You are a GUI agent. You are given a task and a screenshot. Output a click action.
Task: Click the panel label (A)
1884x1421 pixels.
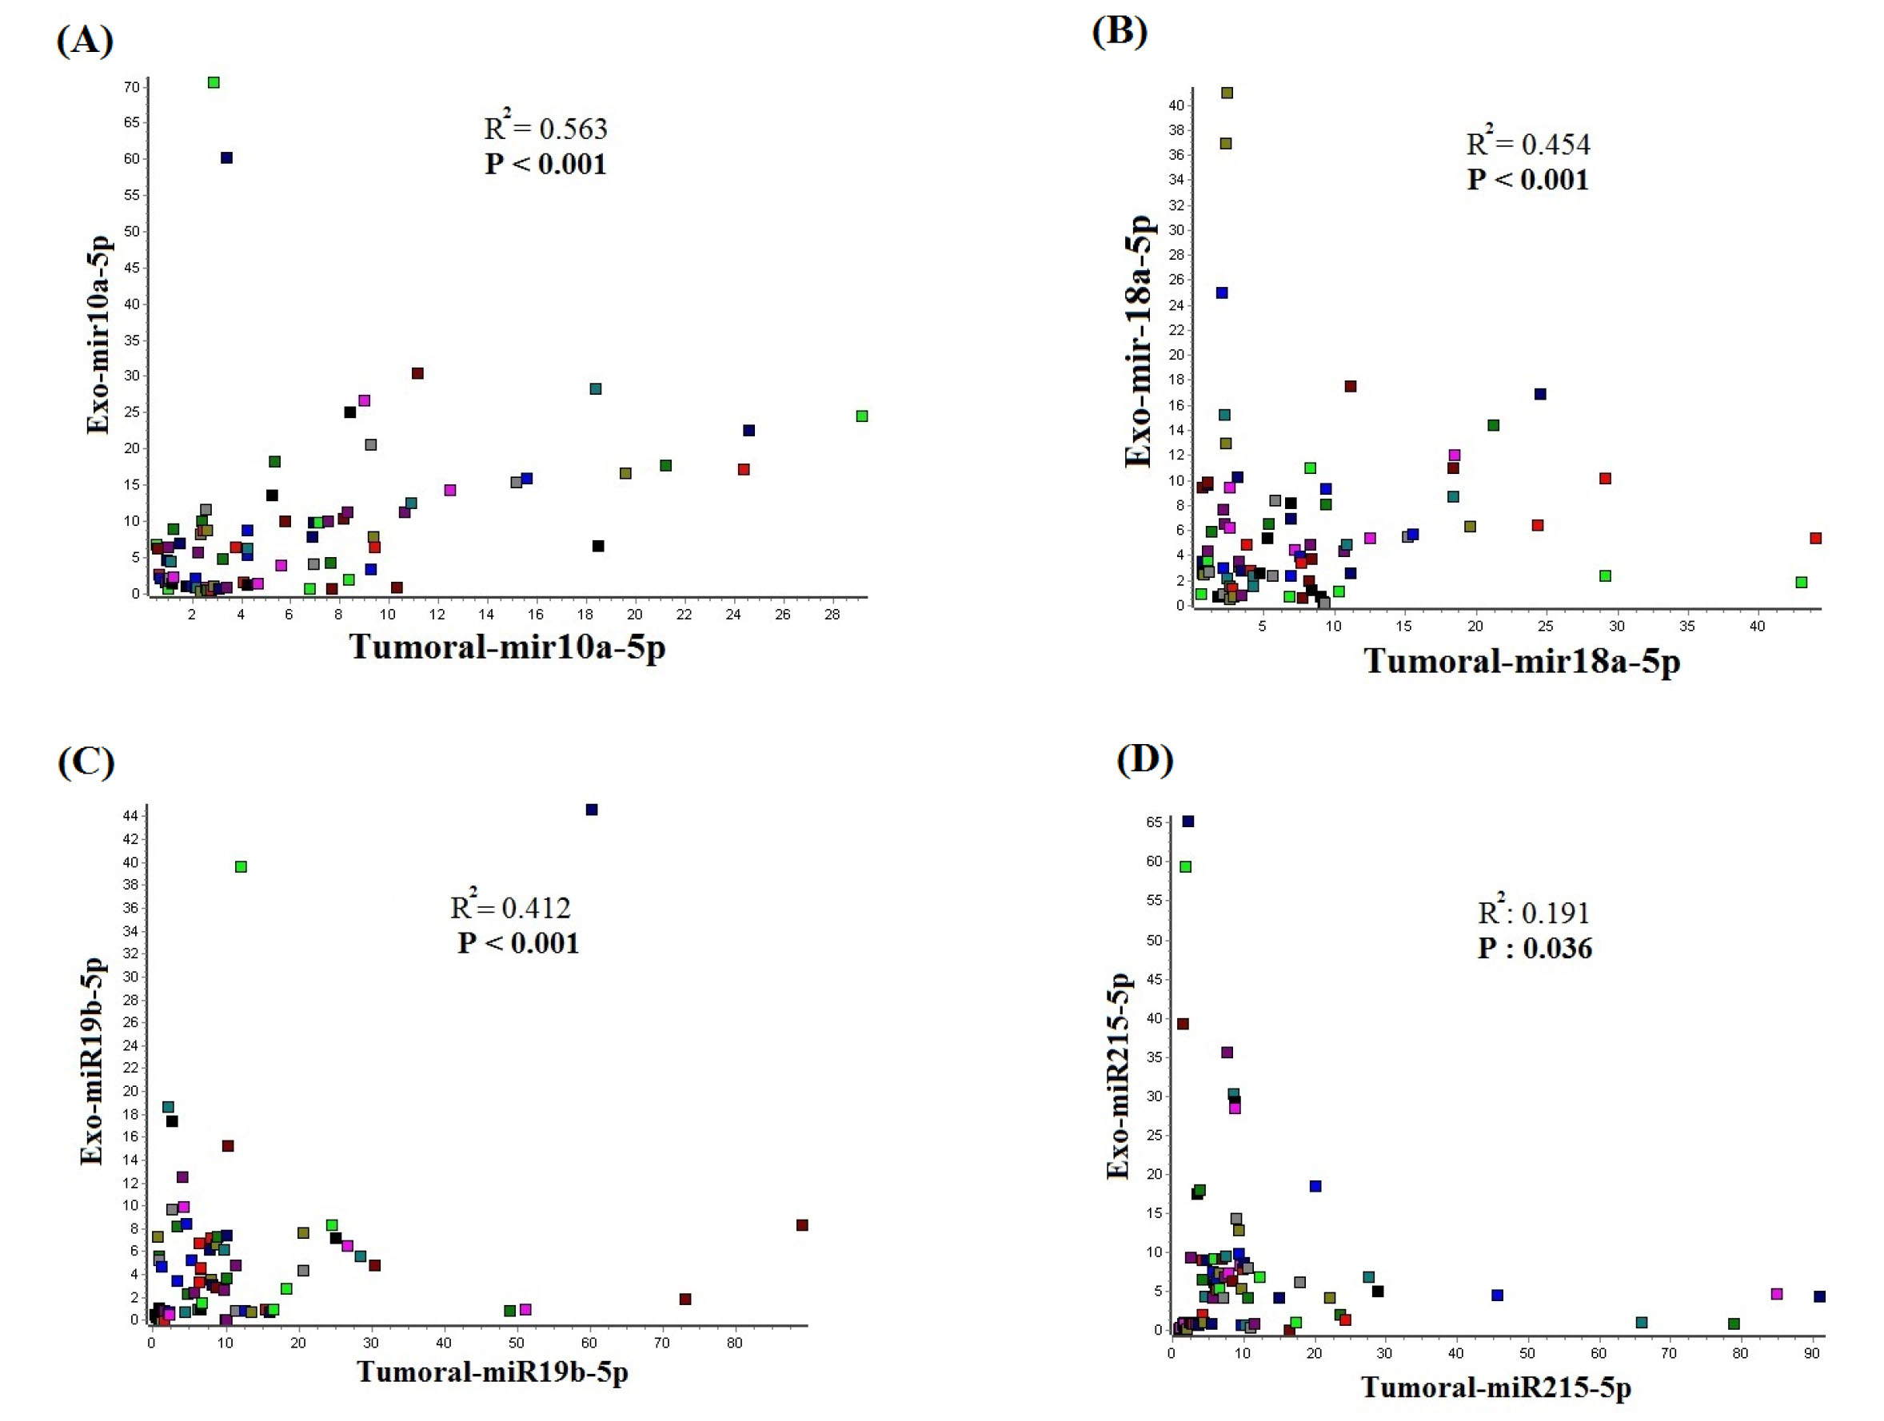(84, 40)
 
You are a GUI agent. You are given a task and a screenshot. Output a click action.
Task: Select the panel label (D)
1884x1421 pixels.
(1144, 758)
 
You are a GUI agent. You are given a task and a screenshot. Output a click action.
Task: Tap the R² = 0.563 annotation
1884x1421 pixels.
(545, 128)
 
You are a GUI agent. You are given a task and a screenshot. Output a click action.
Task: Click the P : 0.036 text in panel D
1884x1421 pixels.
(1534, 949)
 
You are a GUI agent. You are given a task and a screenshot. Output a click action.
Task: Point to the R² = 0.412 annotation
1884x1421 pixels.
(510, 908)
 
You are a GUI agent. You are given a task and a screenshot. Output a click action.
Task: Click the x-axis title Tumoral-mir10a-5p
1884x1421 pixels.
(507, 647)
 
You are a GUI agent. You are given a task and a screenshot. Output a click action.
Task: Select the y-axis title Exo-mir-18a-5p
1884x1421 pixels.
(1139, 340)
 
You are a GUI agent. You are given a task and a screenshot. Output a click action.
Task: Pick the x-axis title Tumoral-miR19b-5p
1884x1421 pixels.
(493, 1371)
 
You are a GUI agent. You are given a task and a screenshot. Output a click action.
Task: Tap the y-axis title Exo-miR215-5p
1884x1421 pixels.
(1117, 1077)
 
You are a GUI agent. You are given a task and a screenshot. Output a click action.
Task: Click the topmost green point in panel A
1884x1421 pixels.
(214, 82)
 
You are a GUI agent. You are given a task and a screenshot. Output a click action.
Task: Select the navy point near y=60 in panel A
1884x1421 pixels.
(226, 157)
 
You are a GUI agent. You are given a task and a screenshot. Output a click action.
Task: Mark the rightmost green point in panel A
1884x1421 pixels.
(862, 416)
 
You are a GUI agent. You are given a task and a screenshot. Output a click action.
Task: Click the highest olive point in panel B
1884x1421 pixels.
(1227, 93)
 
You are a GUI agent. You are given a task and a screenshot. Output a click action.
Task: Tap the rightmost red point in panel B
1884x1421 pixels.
(1816, 538)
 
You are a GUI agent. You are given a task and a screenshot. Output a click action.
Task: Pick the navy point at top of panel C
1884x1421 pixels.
(592, 810)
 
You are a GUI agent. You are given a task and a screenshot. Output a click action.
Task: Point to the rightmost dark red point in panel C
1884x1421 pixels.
(802, 1225)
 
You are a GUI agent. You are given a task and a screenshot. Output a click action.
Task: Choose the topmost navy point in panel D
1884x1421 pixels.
(1188, 822)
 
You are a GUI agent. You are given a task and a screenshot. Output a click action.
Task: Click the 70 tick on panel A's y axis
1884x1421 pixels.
(131, 87)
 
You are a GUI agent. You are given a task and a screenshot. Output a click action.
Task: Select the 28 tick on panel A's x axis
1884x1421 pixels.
(832, 615)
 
